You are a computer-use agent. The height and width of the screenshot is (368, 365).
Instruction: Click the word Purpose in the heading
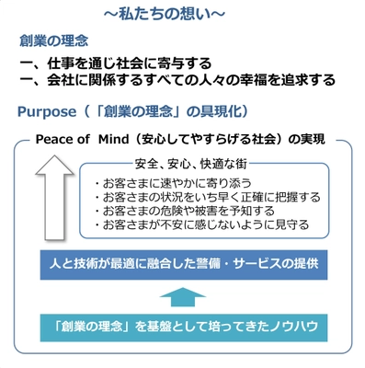pos(51,111)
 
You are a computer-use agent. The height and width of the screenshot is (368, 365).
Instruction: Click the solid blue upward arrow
pos(183,296)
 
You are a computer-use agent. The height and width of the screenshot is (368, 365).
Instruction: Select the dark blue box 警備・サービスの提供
pos(183,264)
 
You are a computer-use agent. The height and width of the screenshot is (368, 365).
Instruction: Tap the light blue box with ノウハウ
pos(183,327)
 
